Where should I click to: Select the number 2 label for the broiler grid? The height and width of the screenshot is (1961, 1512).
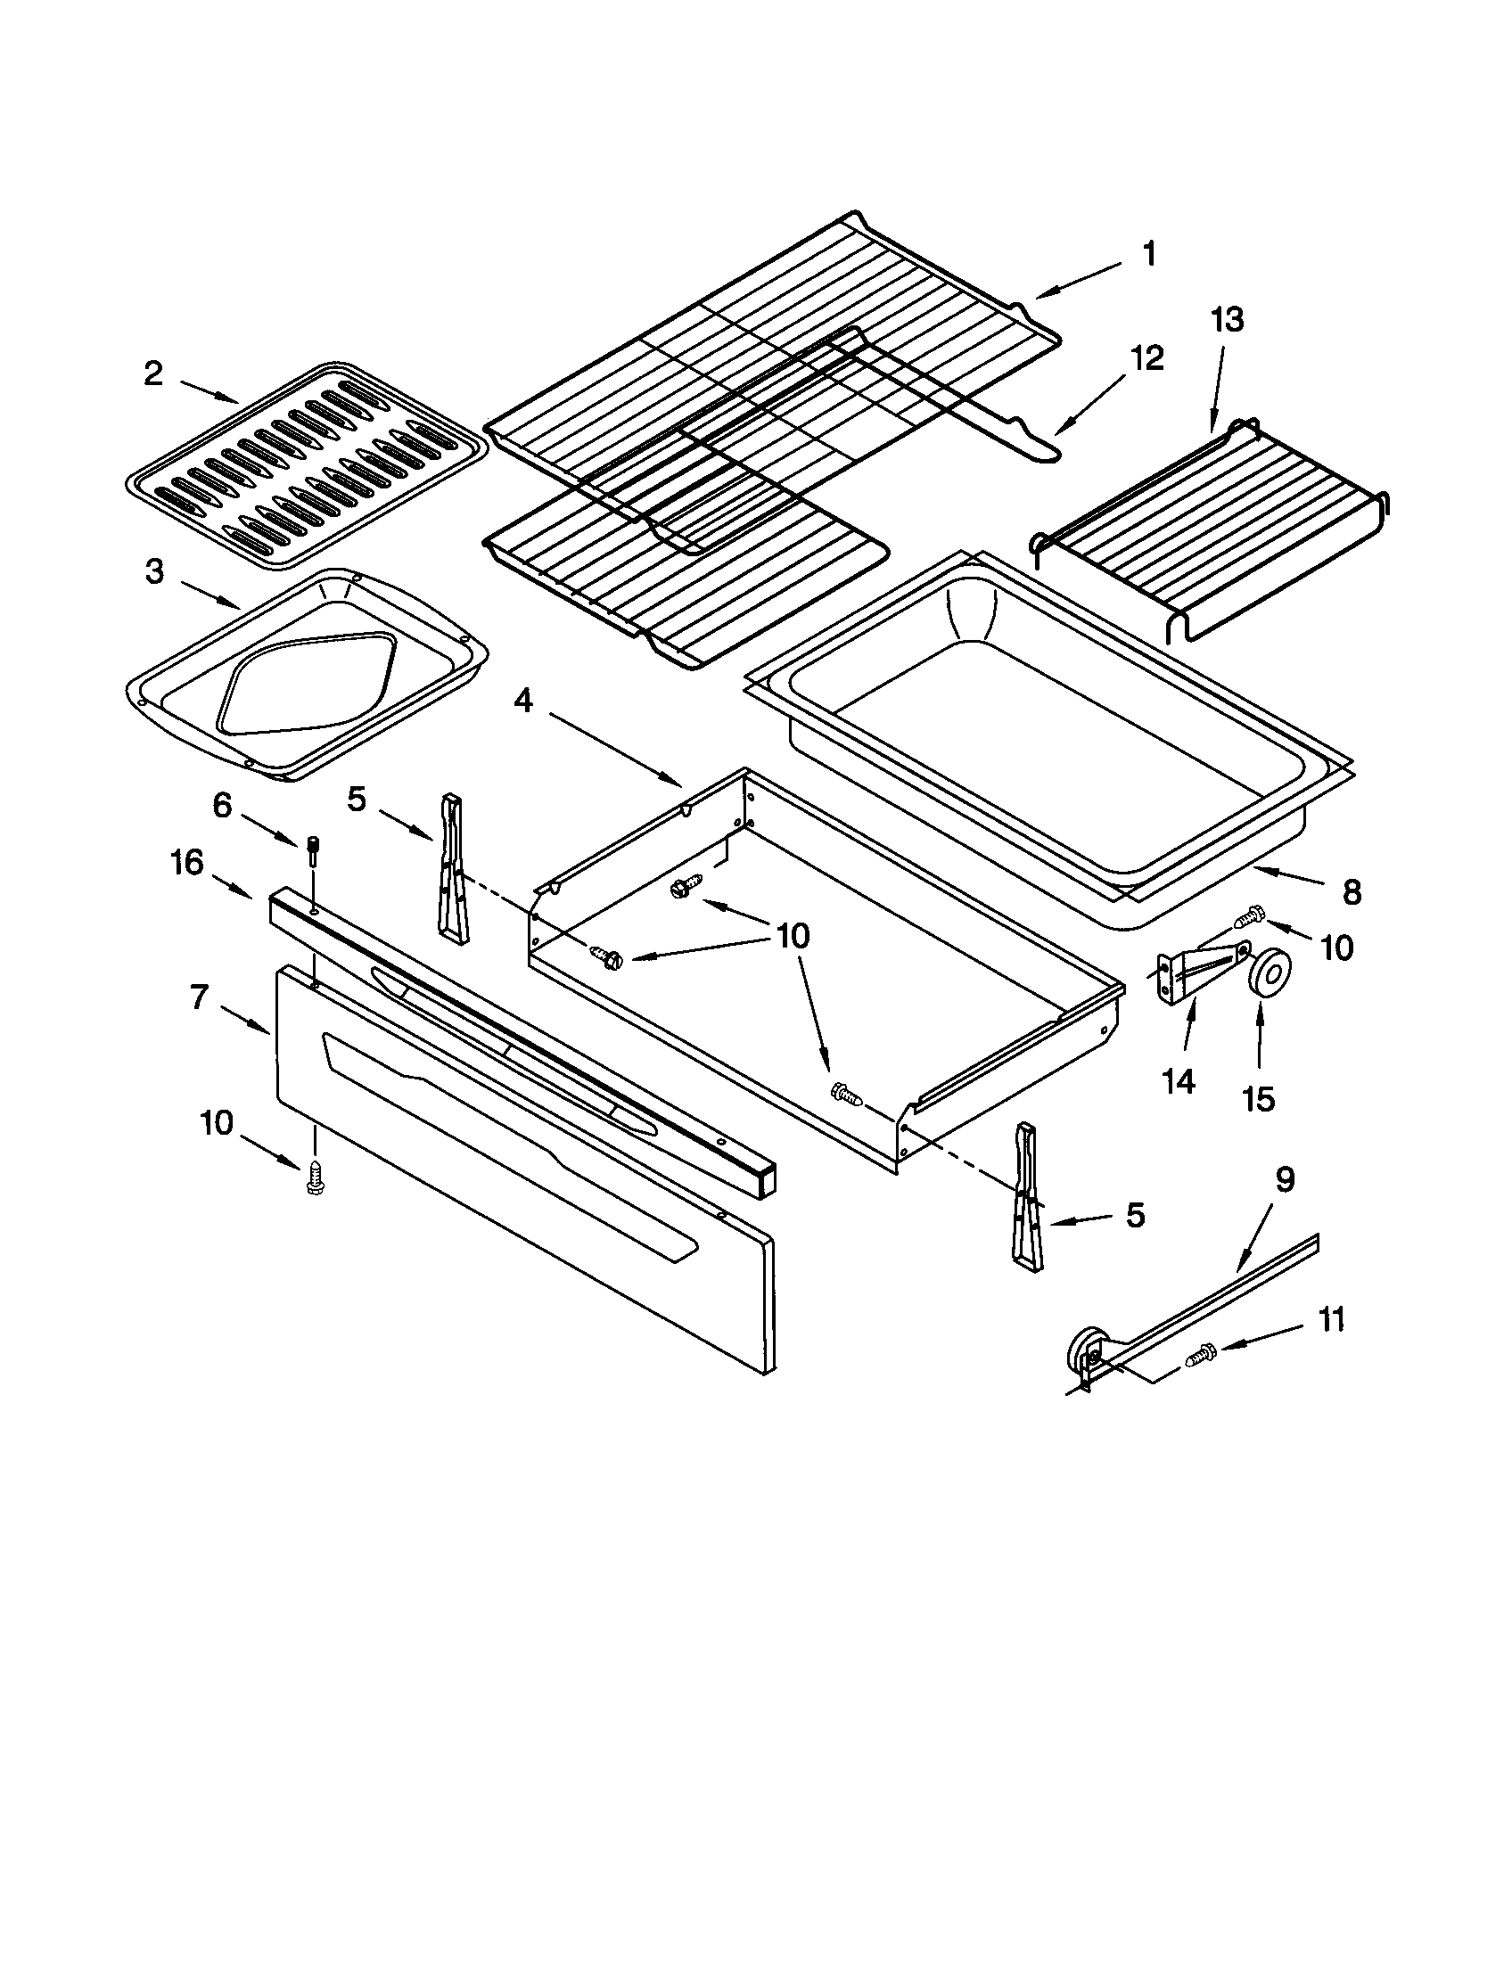point(154,373)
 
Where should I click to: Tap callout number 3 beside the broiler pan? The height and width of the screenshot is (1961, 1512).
point(154,572)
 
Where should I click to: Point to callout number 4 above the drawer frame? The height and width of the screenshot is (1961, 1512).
point(523,701)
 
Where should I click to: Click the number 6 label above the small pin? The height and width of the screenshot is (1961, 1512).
point(222,806)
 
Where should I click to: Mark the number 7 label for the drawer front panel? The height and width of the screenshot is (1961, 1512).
point(200,996)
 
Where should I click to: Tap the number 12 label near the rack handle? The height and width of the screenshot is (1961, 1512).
point(1146,357)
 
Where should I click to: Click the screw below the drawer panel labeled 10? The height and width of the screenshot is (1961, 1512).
point(314,1176)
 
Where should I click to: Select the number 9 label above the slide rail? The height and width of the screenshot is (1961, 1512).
point(1285,1180)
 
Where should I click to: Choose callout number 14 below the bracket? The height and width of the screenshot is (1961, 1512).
point(1178,1082)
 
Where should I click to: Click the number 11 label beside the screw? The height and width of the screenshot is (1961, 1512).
point(1332,1319)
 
